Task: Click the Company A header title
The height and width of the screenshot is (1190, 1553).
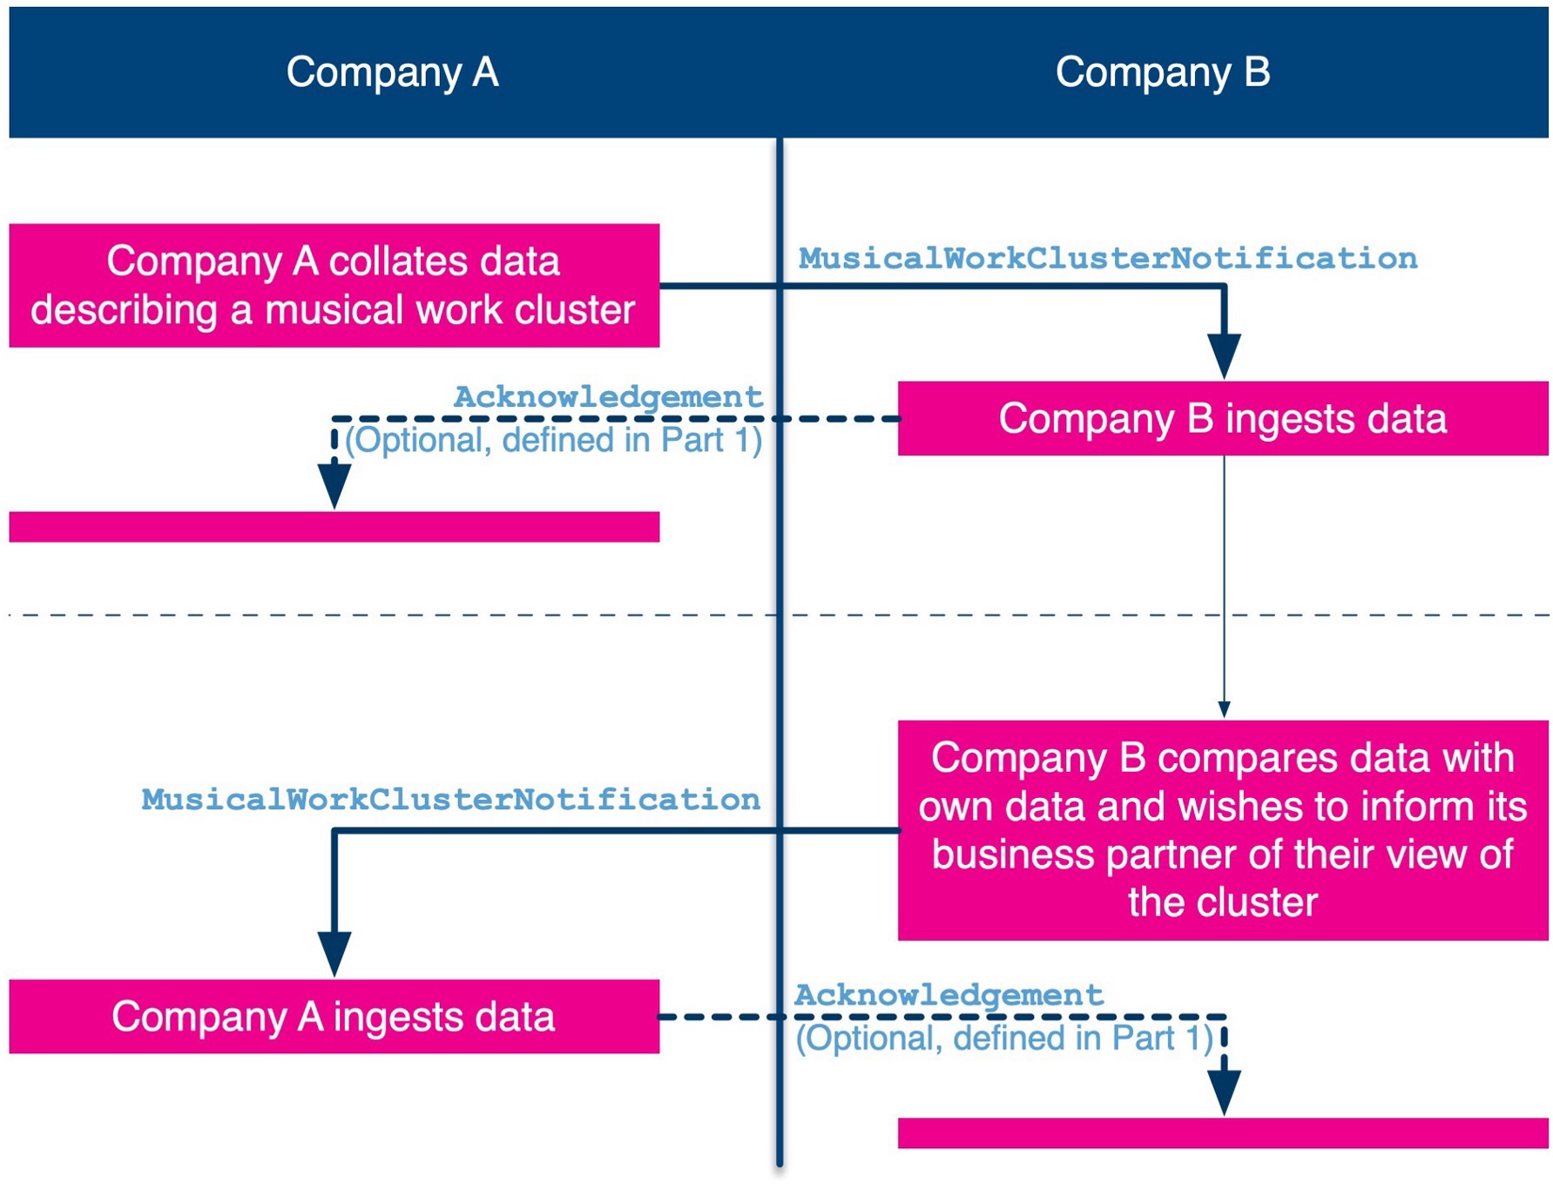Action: click(392, 71)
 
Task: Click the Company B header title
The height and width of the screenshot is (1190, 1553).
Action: click(1162, 71)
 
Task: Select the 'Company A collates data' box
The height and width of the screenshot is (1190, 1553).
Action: click(334, 286)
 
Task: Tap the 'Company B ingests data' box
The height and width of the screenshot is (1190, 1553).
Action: click(1223, 418)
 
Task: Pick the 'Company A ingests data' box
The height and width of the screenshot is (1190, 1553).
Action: click(334, 1017)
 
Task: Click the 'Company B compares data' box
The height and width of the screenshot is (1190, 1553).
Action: click(1223, 830)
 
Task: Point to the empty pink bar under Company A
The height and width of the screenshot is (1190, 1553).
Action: click(334, 527)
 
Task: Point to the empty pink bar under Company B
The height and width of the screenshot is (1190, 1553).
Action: click(1223, 1133)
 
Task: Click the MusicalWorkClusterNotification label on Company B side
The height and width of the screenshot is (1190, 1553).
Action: click(1108, 259)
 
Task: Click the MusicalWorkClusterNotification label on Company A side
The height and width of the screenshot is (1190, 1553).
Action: click(451, 800)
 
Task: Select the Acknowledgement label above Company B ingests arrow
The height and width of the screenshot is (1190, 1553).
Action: click(608, 397)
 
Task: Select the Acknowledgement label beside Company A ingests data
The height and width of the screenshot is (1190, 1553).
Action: click(949, 995)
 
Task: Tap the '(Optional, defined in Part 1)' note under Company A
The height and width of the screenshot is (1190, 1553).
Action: click(554, 440)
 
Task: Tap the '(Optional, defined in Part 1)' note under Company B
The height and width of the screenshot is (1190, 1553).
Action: click(1004, 1038)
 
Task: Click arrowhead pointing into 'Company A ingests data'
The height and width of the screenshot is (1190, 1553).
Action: click(334, 954)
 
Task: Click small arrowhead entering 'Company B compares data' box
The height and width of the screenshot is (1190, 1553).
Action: click(1224, 710)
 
